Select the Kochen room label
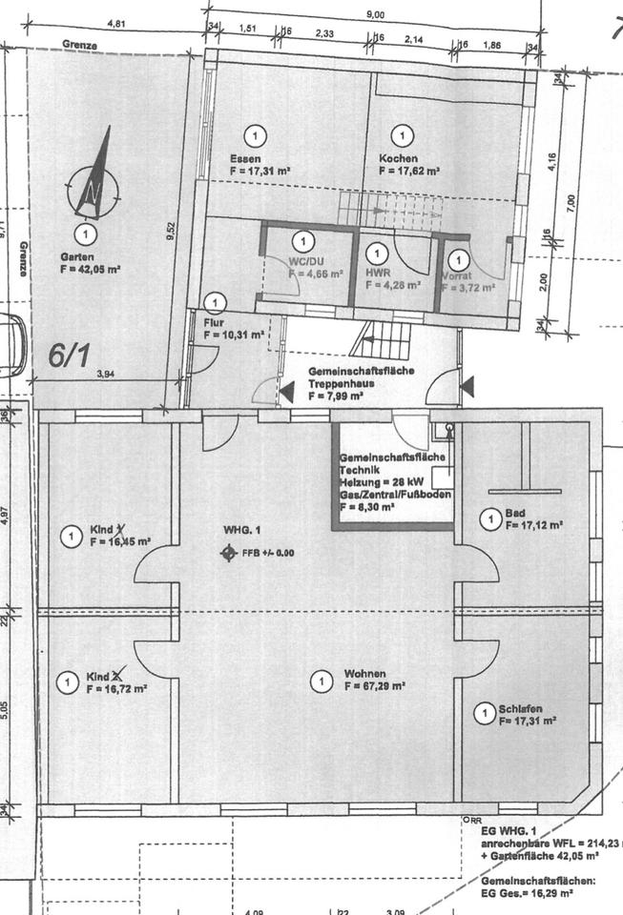(396, 158)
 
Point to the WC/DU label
(303, 259)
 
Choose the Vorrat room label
(456, 276)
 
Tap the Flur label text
(214, 322)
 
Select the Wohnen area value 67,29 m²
(375, 685)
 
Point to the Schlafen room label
(520, 709)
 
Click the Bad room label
(515, 512)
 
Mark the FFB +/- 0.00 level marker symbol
(228, 552)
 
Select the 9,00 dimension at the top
(375, 13)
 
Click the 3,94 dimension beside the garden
(105, 375)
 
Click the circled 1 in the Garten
(87, 234)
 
